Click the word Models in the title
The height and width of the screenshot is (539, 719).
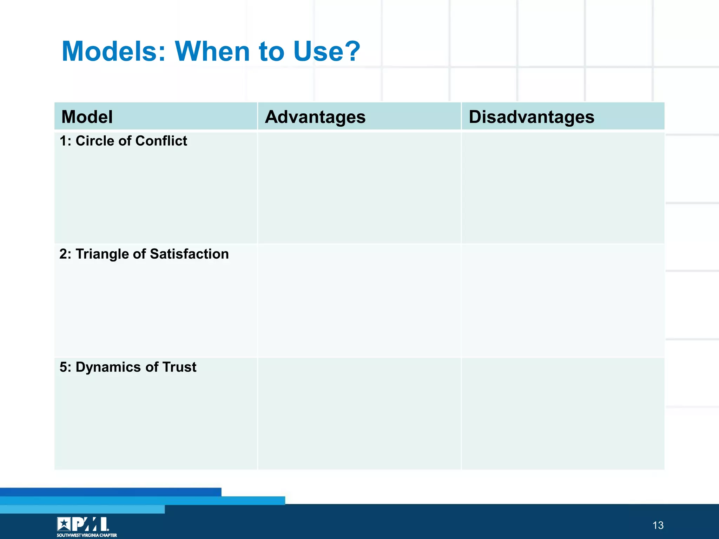click(x=113, y=51)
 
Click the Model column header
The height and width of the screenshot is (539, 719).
click(x=87, y=117)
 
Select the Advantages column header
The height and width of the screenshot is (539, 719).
click(x=315, y=117)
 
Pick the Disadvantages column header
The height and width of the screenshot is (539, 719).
click(x=531, y=117)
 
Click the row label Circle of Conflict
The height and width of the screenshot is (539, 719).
click(x=123, y=141)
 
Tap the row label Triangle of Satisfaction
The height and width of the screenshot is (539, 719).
click(x=144, y=254)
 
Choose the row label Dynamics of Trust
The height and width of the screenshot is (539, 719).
click(x=128, y=367)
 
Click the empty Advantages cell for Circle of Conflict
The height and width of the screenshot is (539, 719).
click(x=359, y=188)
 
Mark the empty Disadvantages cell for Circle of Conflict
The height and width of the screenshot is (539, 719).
click(x=563, y=188)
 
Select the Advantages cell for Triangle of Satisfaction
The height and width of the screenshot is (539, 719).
click(x=359, y=301)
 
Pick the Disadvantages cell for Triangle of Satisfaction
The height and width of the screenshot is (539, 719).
click(x=563, y=301)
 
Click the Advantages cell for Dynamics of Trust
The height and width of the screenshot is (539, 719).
click(x=359, y=413)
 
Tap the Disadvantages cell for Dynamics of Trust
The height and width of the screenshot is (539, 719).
click(x=563, y=413)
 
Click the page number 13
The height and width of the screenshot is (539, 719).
click(x=658, y=525)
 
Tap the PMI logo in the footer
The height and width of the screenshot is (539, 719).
click(x=83, y=524)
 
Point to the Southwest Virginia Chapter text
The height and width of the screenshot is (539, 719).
click(x=87, y=535)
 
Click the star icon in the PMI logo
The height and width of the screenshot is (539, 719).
click(x=64, y=524)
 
